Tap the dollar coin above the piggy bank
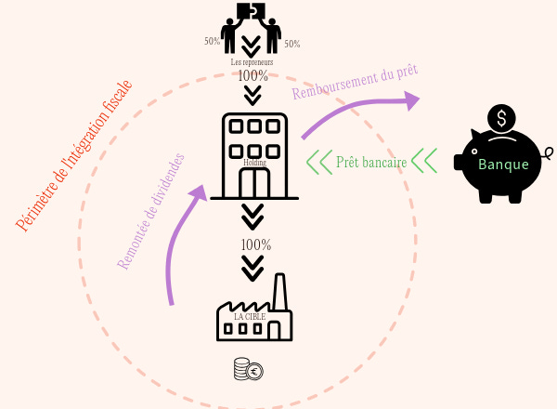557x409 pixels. (x=502, y=119)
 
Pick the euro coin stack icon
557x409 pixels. (x=248, y=369)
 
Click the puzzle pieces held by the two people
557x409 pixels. (x=250, y=11)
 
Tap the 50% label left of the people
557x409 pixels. (x=213, y=42)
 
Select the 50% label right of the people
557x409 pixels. (x=291, y=44)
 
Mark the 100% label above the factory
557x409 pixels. (x=254, y=245)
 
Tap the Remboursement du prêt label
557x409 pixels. (x=355, y=83)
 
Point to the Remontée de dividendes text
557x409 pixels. (x=151, y=211)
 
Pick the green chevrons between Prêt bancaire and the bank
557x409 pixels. (x=424, y=161)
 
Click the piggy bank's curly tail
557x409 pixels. (x=549, y=153)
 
